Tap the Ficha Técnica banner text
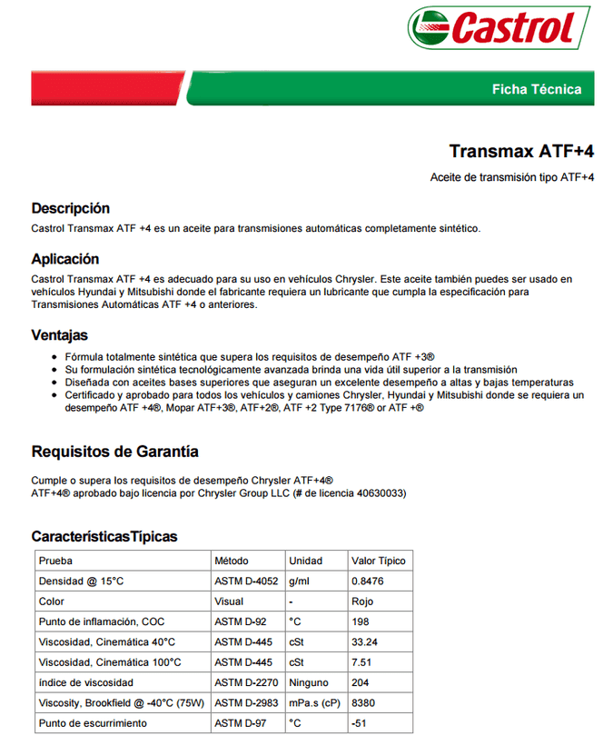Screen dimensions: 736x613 pyautogui.click(x=536, y=89)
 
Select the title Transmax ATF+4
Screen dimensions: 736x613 pyautogui.click(x=521, y=151)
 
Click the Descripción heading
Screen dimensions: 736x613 pyautogui.click(x=70, y=208)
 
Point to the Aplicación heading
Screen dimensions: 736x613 pyautogui.click(x=64, y=259)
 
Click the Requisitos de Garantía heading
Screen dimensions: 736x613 pyautogui.click(x=114, y=452)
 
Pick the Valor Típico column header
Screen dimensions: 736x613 pyautogui.click(x=378, y=561)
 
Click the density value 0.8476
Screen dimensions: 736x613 pyautogui.click(x=367, y=581)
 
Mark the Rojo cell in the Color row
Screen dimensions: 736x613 pyautogui.click(x=361, y=602)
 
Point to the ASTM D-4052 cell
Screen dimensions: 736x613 pyautogui.click(x=244, y=581)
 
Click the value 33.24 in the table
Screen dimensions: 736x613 pyautogui.click(x=364, y=642)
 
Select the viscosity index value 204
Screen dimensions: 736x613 pyautogui.click(x=360, y=682)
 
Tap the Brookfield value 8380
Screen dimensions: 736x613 pyautogui.click(x=363, y=702)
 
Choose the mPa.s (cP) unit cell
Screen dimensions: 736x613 pyautogui.click(x=315, y=702)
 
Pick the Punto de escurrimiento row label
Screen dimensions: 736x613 pyautogui.click(x=92, y=723)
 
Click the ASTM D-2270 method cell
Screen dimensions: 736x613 pyautogui.click(x=244, y=682)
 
